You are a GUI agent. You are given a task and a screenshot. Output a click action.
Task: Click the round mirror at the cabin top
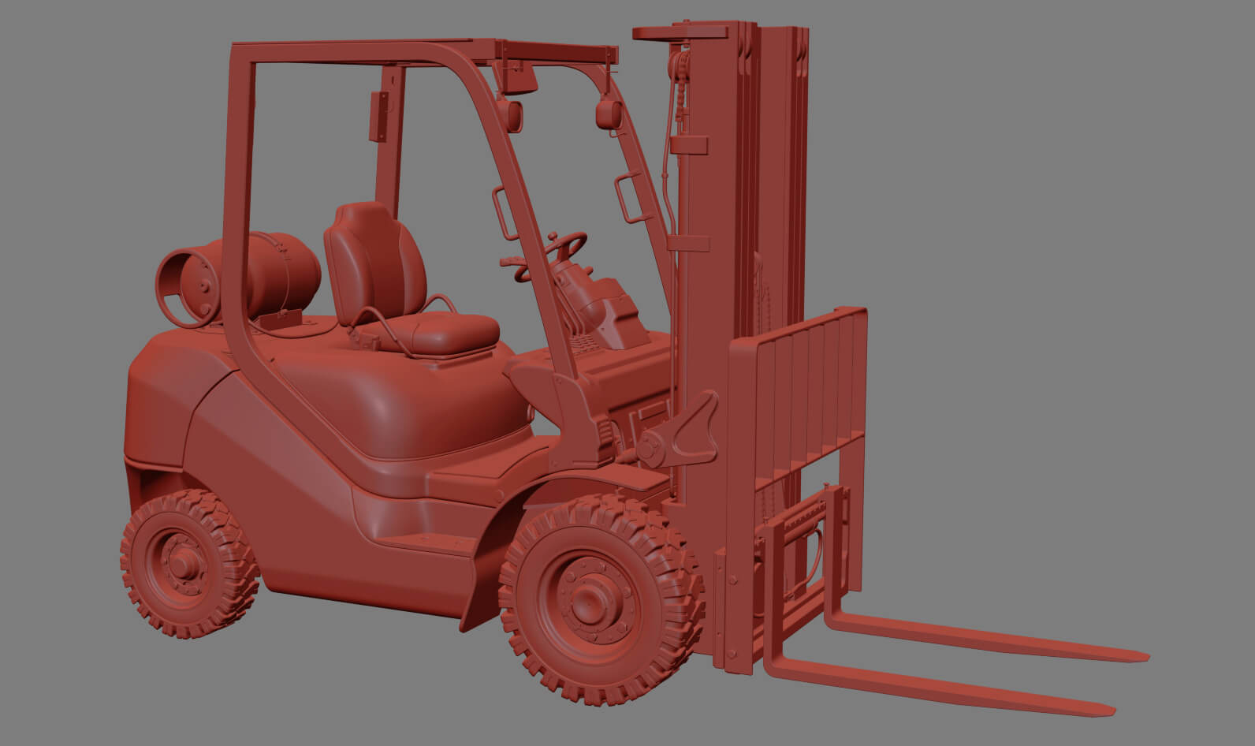pos(606,114)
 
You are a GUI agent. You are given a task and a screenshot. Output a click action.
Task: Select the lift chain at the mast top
pos(677,87)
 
